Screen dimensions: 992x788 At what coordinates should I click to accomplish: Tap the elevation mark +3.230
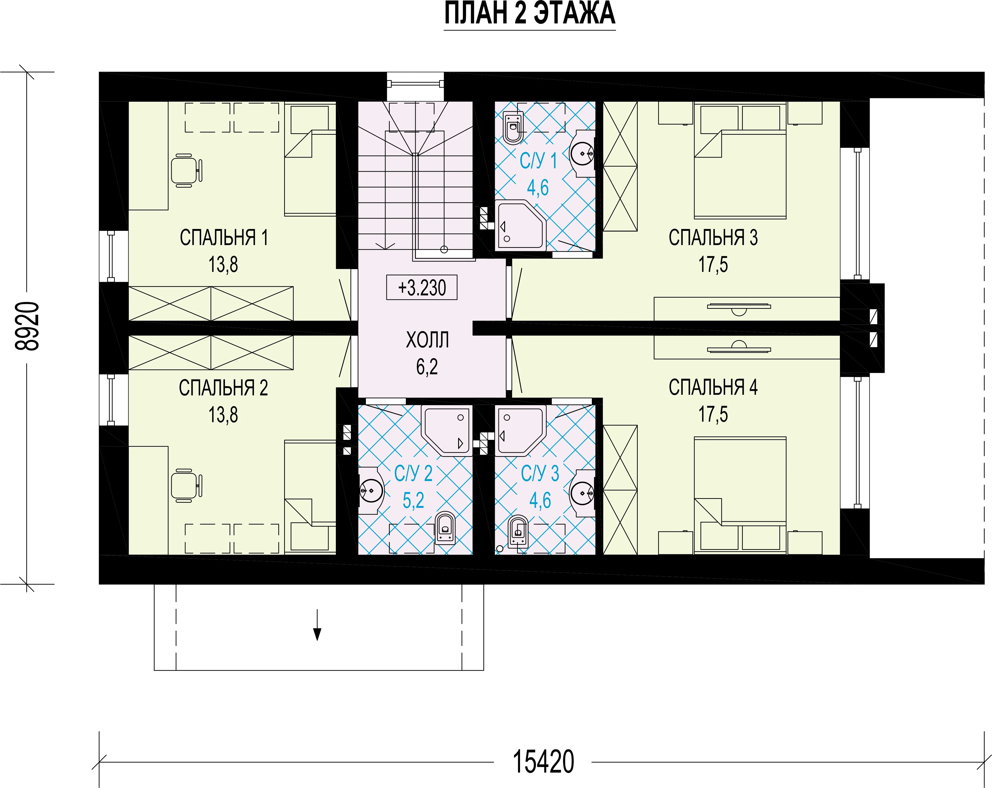click(x=422, y=288)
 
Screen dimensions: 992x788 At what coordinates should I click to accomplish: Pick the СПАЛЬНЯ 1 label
click(x=224, y=237)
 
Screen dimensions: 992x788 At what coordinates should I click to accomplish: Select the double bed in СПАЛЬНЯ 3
click(x=740, y=161)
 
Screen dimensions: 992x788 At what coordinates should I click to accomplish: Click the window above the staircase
click(x=415, y=84)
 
